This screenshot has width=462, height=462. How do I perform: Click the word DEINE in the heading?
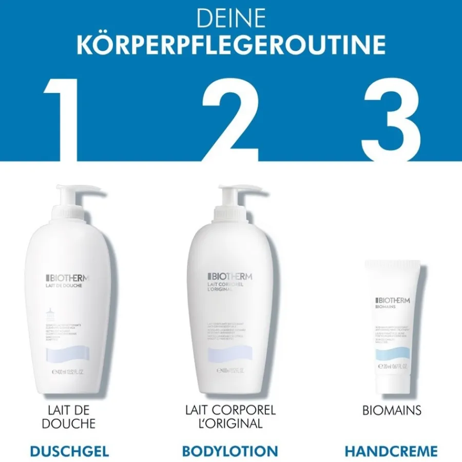pyautogui.click(x=230, y=19)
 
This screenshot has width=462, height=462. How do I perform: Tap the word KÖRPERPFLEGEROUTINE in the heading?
pyautogui.click(x=231, y=45)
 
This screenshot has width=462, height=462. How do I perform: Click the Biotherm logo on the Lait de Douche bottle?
pyautogui.click(x=67, y=278)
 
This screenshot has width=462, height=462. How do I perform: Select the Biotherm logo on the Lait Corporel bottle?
pyautogui.click(x=230, y=276)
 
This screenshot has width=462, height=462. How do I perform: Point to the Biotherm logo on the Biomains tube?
pyautogui.click(x=393, y=301)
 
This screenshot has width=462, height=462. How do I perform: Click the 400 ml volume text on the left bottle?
pyautogui.click(x=67, y=371)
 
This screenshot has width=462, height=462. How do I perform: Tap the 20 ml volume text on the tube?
pyautogui.click(x=393, y=367)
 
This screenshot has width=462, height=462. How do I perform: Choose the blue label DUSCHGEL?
pyautogui.click(x=69, y=451)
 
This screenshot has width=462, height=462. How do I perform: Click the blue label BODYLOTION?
pyautogui.click(x=230, y=451)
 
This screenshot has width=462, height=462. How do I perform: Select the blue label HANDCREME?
pyautogui.click(x=391, y=451)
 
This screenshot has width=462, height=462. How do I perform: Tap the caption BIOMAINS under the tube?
pyautogui.click(x=391, y=411)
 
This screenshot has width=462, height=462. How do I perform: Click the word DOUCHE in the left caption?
pyautogui.click(x=69, y=423)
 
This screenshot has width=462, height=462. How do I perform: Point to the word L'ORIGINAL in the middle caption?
pyautogui.click(x=230, y=423)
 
